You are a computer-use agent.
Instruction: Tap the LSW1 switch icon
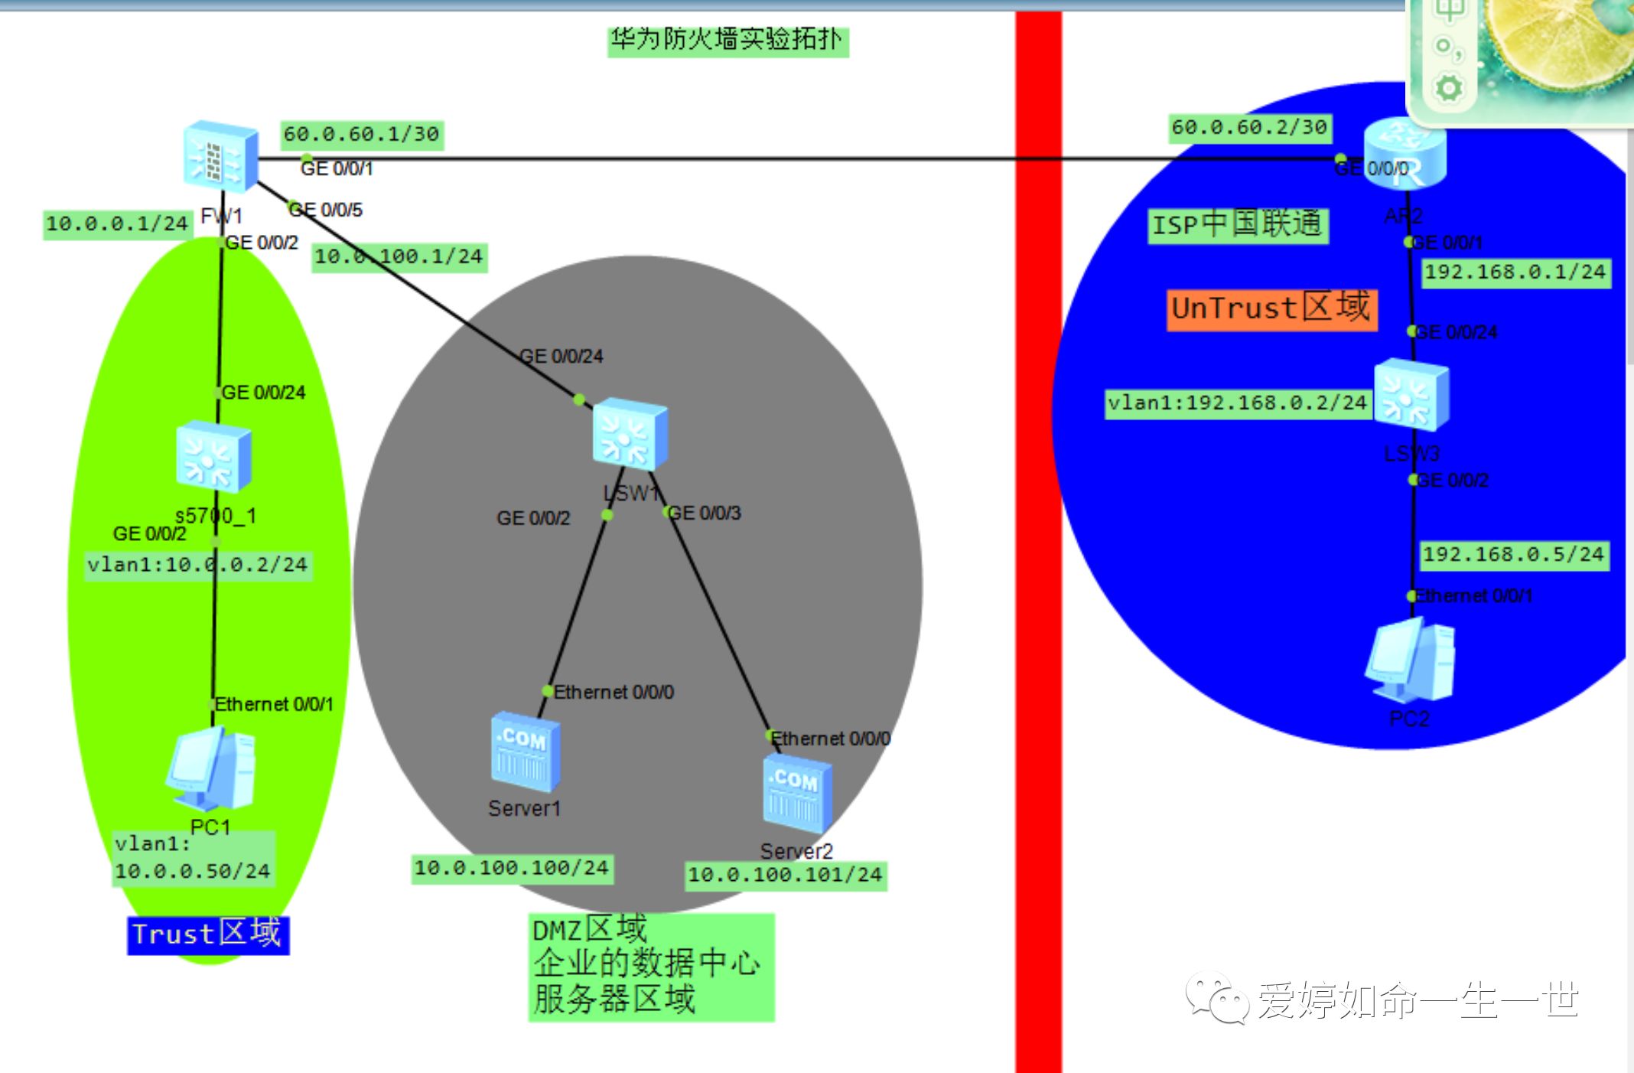pyautogui.click(x=630, y=434)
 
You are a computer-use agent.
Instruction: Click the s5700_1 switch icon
pyautogui.click(x=213, y=457)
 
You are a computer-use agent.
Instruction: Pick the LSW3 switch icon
pyautogui.click(x=1411, y=396)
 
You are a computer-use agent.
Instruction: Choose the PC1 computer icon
pyautogui.click(x=210, y=769)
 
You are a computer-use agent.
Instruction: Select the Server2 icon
pyautogui.click(x=796, y=794)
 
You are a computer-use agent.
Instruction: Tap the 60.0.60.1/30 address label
pyautogui.click(x=362, y=135)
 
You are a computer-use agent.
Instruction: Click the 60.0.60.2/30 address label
pyautogui.click(x=1250, y=128)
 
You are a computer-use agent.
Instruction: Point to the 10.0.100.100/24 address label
pyautogui.click(x=512, y=868)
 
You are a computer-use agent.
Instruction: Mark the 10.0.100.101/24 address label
pyautogui.click(x=786, y=875)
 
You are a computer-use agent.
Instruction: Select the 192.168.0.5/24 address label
pyautogui.click(x=1514, y=555)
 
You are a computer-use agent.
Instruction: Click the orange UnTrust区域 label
pyautogui.click(x=1271, y=308)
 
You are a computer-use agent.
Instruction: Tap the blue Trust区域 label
pyautogui.click(x=207, y=934)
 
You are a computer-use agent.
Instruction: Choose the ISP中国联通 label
pyautogui.click(x=1238, y=225)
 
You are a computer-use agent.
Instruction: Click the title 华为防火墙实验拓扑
pyautogui.click(x=727, y=40)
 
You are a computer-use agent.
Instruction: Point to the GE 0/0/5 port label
pyautogui.click(x=327, y=210)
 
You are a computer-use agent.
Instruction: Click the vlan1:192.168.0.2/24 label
pyautogui.click(x=1238, y=403)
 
